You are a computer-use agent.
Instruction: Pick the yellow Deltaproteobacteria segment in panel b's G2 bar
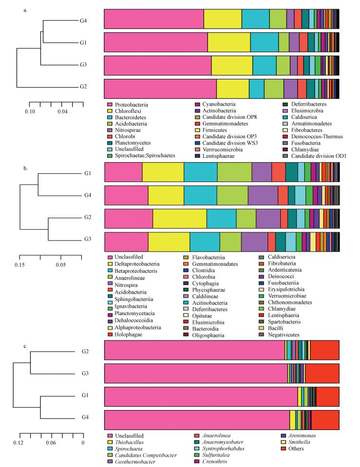tap(179, 218)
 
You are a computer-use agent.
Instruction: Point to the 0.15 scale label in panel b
tap(19, 265)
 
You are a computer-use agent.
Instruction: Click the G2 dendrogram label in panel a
tap(83, 87)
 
